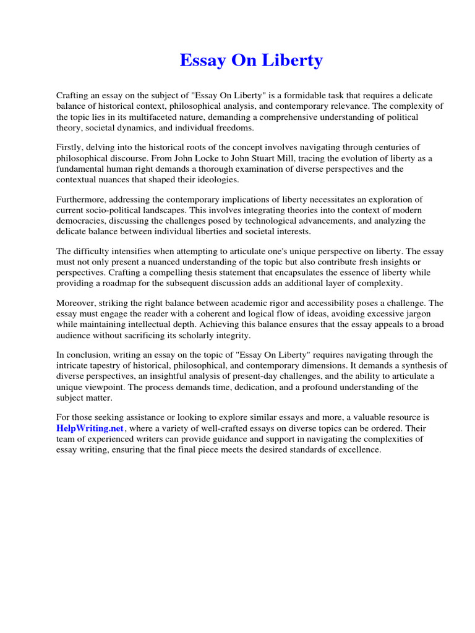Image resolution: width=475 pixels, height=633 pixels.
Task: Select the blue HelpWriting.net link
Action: (90, 428)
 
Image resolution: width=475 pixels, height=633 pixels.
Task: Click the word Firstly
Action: (71, 147)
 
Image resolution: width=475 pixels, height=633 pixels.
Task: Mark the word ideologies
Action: (208, 179)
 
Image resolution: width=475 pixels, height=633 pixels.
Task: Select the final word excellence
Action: (359, 449)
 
